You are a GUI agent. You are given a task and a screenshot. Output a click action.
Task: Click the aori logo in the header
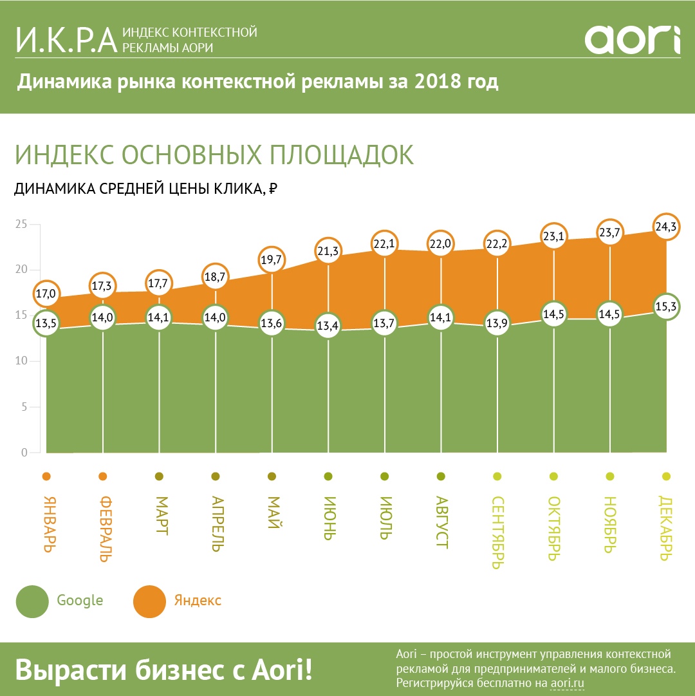tap(632, 40)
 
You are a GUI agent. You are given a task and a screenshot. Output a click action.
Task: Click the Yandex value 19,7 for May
tap(272, 260)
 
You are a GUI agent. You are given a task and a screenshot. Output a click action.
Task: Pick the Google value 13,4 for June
tap(328, 326)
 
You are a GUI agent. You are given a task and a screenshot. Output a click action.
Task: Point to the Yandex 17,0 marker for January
tap(46, 294)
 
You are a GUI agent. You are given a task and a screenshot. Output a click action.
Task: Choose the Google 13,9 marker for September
tap(497, 324)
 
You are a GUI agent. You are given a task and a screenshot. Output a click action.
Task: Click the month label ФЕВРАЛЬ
tap(103, 529)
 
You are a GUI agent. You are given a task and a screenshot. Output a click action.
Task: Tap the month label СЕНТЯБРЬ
tap(497, 532)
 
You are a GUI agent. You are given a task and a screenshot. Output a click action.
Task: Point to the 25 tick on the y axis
tap(21, 224)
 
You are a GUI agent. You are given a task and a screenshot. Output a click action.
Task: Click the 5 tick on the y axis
tap(24, 407)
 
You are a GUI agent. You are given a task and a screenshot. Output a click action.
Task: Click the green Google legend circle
tap(32, 601)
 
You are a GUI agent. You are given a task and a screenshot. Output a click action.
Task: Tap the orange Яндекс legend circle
tap(149, 601)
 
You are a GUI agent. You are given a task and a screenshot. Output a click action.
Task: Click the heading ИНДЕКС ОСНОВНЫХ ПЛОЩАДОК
tap(214, 155)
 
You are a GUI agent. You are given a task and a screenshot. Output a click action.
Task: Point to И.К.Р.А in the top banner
tap(66, 39)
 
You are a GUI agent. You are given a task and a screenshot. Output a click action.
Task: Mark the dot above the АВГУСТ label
tap(441, 476)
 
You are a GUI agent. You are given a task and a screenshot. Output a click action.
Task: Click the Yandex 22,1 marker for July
tap(384, 243)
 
